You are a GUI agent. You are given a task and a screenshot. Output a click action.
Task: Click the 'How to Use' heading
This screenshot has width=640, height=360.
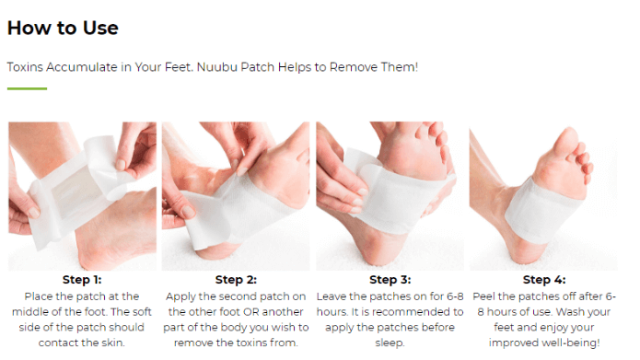63,29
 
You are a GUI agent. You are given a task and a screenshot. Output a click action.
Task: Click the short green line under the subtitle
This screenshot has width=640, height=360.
27,88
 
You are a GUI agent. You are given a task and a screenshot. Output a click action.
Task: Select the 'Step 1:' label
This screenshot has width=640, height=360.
82,280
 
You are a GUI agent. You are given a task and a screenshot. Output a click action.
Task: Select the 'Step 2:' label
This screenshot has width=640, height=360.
236,280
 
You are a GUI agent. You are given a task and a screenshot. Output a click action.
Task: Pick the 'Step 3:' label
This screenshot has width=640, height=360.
390,280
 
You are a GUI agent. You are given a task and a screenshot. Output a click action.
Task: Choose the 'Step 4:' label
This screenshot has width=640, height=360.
544,280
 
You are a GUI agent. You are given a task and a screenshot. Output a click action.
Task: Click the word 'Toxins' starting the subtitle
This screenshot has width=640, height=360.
25,67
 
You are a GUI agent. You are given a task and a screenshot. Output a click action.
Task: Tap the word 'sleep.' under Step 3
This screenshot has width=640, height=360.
390,343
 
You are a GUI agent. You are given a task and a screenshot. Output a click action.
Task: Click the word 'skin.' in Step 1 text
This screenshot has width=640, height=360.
112,343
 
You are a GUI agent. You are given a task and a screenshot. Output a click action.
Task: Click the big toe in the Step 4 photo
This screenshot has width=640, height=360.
566,140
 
